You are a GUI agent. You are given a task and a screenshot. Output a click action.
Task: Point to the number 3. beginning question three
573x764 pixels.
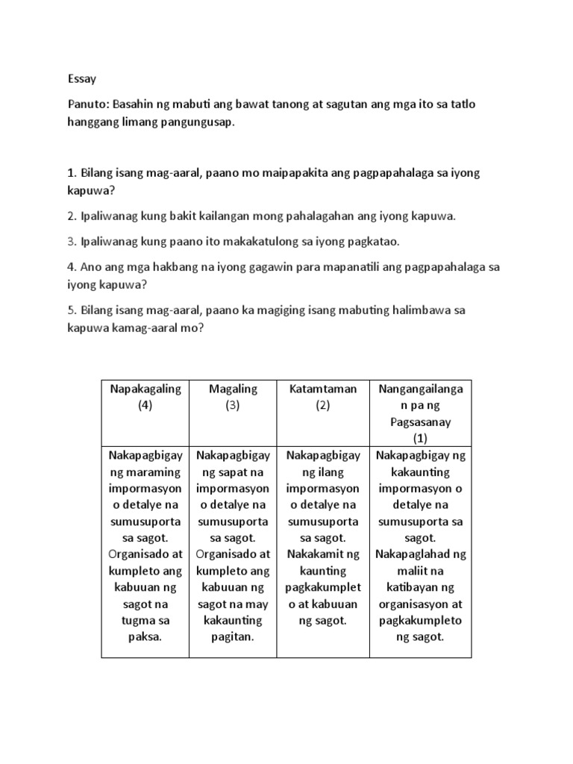[72, 241]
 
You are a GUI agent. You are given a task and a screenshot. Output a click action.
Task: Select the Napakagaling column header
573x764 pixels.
[145, 389]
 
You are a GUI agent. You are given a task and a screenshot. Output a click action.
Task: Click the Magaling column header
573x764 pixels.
[233, 389]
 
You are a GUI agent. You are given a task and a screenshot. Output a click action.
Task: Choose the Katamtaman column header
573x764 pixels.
[323, 389]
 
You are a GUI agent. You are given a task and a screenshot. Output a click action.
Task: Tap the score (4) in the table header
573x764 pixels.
[145, 405]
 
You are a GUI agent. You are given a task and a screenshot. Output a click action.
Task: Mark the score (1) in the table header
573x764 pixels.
[421, 438]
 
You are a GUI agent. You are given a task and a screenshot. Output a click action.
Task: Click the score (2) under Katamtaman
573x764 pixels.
[323, 405]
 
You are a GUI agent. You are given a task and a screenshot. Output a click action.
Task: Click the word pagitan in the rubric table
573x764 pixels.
[233, 636]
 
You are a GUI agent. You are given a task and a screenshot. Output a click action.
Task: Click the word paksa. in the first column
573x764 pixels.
[145, 636]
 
